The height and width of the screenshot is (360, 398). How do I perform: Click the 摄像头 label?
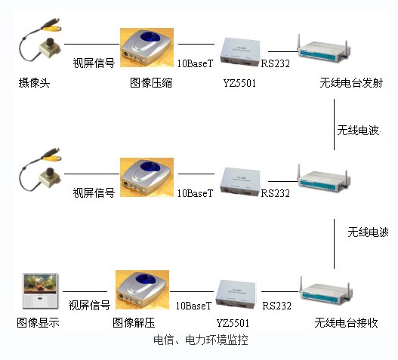coord(34,83)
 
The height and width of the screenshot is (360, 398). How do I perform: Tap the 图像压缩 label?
coord(151,83)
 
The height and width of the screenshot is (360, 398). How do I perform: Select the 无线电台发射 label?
coord(351,83)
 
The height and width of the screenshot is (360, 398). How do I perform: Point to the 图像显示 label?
coord(38,323)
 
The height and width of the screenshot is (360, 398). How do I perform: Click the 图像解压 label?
coord(134,323)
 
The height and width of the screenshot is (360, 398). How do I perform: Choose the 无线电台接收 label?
coord(346,323)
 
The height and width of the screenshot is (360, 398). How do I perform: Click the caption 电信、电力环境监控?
coord(201,340)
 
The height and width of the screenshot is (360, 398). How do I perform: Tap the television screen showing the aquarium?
coord(40,284)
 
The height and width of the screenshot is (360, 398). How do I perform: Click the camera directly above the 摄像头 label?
coord(40,40)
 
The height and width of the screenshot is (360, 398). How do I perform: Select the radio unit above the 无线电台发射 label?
coord(324,51)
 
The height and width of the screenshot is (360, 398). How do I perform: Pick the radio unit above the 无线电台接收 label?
coord(326,292)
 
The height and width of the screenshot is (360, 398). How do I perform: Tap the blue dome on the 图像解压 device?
coord(147,279)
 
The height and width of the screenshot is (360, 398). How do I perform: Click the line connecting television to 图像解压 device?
coord(85,292)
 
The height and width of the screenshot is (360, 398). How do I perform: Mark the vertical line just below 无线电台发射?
coord(334,125)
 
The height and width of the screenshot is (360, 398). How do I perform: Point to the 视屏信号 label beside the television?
coord(89,305)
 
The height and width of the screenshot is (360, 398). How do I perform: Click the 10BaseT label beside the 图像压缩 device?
coord(195,63)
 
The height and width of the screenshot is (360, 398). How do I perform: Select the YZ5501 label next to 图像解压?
coord(233,323)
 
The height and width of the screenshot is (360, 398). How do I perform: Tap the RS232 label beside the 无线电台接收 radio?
coord(276,306)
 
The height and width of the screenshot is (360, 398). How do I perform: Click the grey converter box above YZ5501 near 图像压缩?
coord(240,51)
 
